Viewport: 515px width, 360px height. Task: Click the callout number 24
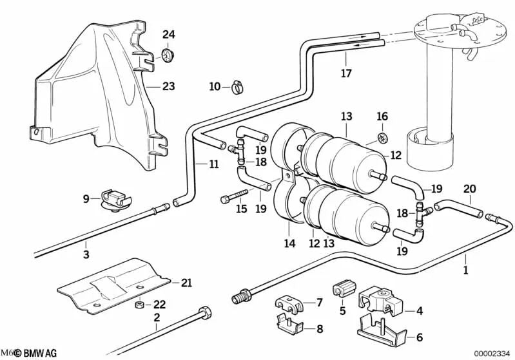point(168,34)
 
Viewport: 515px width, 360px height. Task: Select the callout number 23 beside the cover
point(168,86)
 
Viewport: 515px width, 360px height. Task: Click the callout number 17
point(346,73)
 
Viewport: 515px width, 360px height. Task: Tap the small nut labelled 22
point(137,304)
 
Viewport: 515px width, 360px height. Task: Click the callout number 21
point(186,282)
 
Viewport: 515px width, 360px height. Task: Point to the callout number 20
point(469,189)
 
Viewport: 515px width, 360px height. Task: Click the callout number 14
point(289,243)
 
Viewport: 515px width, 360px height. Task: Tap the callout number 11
point(214,164)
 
